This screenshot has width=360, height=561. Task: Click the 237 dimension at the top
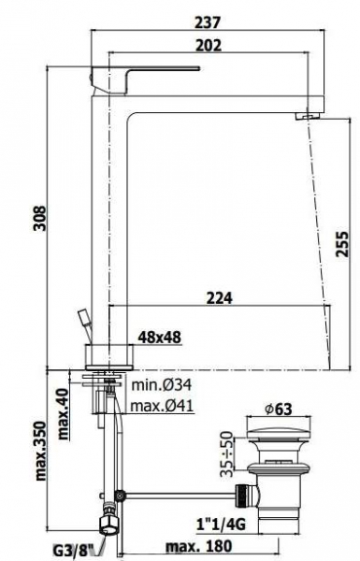[x=208, y=22]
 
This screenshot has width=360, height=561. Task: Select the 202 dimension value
[x=209, y=46]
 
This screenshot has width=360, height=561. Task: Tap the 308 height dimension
[x=40, y=218]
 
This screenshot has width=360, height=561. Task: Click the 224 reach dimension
[x=220, y=298]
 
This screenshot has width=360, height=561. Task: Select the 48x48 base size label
[x=160, y=337]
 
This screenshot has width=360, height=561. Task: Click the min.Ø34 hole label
[x=162, y=385]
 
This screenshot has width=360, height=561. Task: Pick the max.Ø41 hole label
[x=162, y=406]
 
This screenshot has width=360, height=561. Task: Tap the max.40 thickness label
[x=64, y=413]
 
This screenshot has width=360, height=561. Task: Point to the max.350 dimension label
[x=41, y=452]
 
